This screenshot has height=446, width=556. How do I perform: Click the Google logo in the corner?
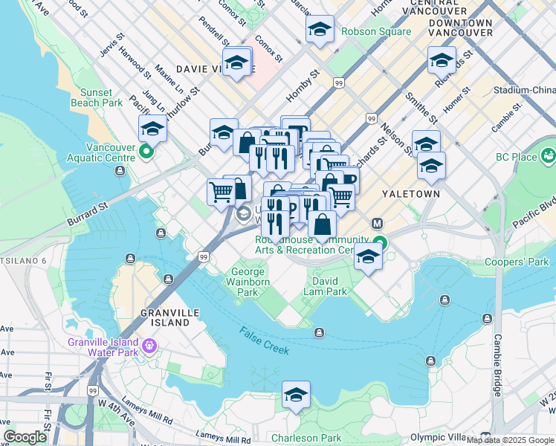tap(25, 437)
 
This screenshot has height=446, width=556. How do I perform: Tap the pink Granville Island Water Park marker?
tap(149, 346)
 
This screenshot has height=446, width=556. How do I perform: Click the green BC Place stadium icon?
tap(549, 156)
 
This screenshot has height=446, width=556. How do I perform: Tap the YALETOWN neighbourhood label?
tap(411, 193)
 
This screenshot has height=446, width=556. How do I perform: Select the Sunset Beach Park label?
tap(97, 97)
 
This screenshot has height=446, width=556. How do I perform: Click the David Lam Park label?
tap(325, 287)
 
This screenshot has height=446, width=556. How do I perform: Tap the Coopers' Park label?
tap(517, 262)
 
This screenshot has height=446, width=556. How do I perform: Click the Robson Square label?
tap(376, 31)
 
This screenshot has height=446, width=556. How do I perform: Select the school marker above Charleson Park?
tap(296, 395)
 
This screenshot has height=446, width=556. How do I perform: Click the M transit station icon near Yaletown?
tap(377, 223)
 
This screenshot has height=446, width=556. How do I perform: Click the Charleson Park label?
tap(306, 438)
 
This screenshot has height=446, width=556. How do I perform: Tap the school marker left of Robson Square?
tap(320, 30)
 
